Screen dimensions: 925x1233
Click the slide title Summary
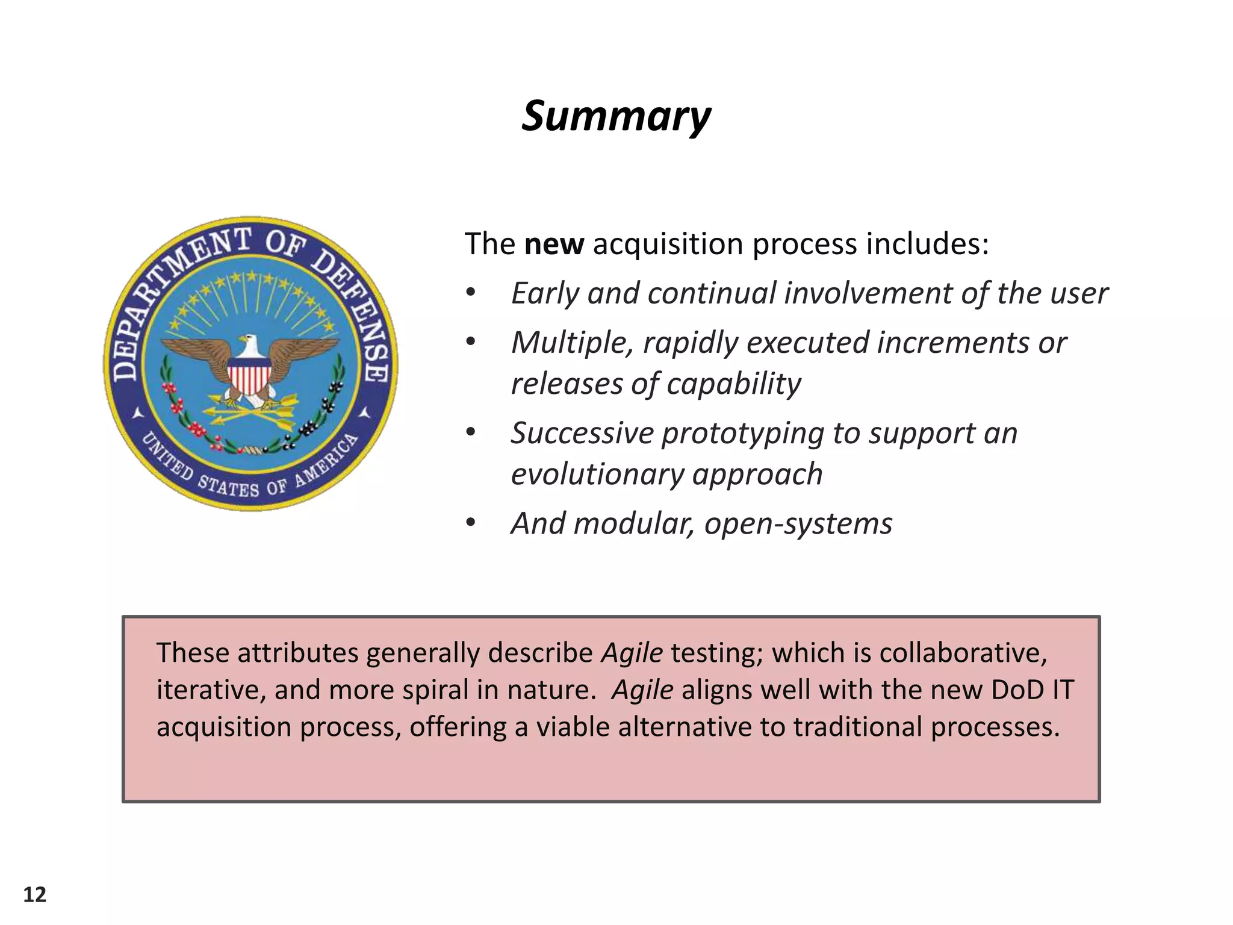tap(616, 116)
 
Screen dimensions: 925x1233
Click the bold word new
tap(554, 244)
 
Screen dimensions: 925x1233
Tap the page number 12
tap(35, 895)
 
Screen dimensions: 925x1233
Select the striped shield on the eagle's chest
tap(249, 374)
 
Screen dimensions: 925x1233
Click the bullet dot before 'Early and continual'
tap(470, 294)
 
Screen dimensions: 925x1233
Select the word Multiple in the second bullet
tap(572, 343)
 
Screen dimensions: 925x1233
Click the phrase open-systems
tap(798, 524)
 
